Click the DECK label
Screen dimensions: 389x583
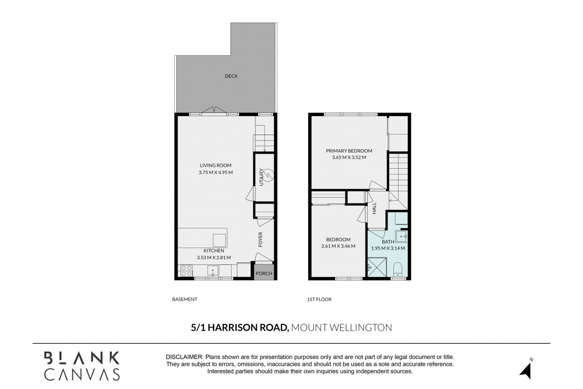(231, 76)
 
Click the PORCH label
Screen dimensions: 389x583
(264, 273)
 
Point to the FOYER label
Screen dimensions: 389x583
(260, 239)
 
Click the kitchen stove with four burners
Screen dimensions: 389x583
(186, 270)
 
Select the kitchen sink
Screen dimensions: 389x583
(213, 271)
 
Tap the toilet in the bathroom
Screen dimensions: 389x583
(398, 269)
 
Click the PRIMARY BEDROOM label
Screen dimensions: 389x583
(349, 150)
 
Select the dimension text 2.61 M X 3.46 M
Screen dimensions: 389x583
(338, 246)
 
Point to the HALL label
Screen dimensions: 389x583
(374, 208)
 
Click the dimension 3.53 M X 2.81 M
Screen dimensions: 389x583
(213, 258)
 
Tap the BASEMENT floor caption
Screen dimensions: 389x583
(184, 300)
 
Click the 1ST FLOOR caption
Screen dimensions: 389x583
(319, 300)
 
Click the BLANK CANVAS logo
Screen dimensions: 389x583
(82, 366)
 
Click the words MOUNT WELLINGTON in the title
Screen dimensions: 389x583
(341, 327)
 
